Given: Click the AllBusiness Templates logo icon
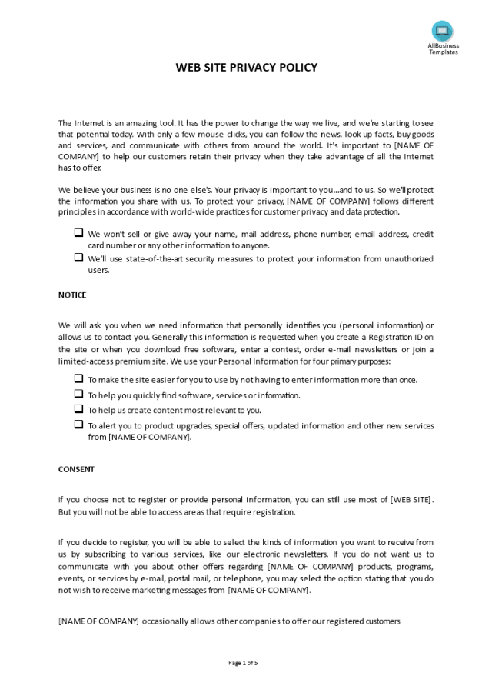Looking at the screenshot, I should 443,31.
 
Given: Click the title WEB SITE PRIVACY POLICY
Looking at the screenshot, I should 246,68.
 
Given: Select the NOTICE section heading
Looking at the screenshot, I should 72,295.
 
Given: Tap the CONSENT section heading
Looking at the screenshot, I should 76,468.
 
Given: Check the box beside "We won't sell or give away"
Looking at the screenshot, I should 78,232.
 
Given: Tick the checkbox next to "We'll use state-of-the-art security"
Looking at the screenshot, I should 78,258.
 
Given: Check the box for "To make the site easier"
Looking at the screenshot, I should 78,378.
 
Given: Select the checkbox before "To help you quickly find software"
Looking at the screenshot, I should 78,394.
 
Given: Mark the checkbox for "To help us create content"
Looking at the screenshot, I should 78,409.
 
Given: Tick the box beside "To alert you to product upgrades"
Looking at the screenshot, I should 78,424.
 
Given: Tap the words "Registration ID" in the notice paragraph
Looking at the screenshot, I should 394,337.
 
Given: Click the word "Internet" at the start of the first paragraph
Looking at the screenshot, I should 90,122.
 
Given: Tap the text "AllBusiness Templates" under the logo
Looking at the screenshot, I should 443,48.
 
